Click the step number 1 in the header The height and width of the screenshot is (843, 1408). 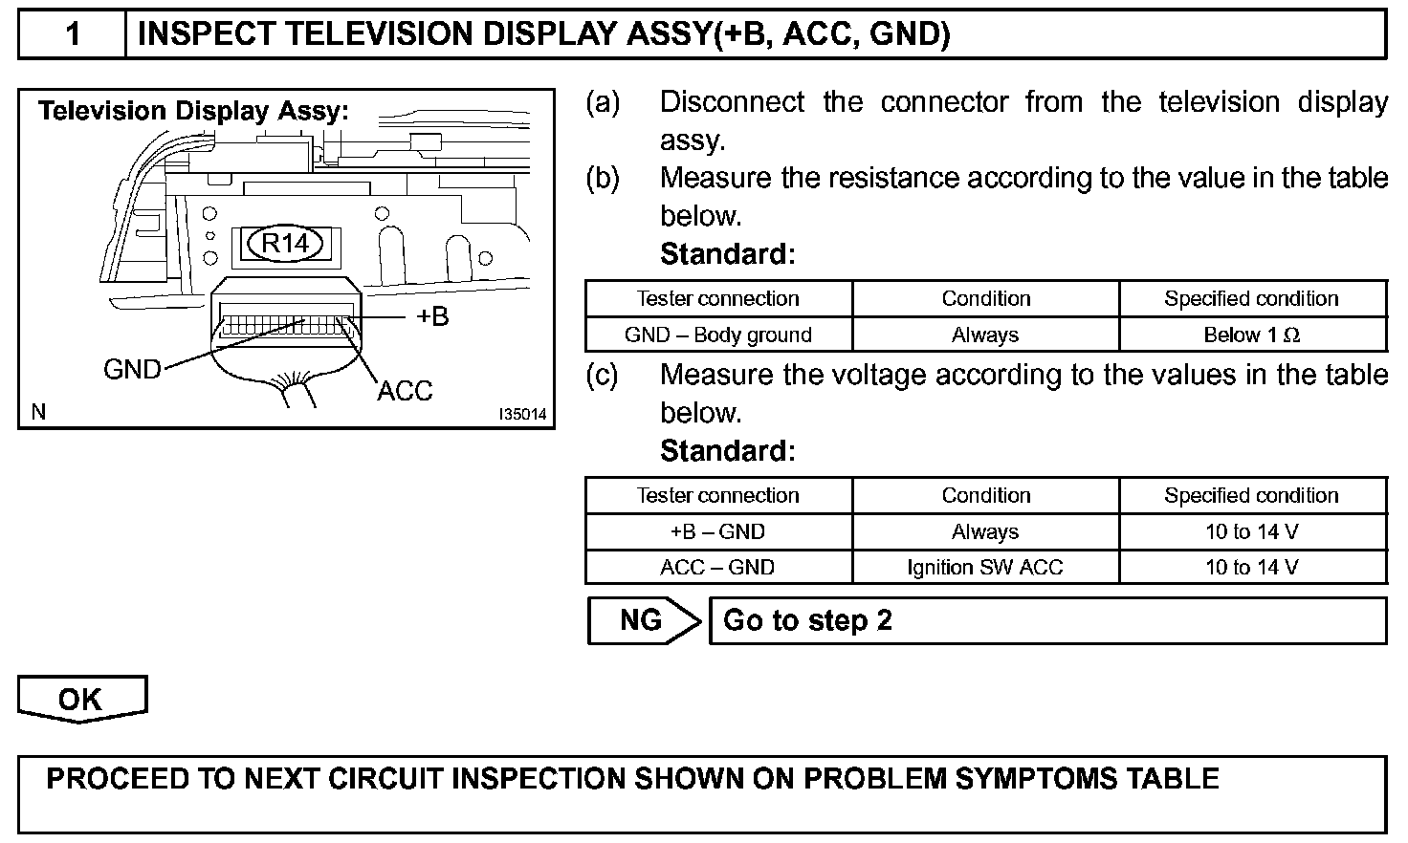click(x=73, y=34)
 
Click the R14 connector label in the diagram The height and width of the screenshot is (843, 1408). click(x=285, y=244)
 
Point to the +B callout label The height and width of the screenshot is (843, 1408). click(x=432, y=316)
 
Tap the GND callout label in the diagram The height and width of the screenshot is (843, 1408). click(x=132, y=369)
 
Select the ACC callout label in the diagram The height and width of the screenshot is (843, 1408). click(x=405, y=390)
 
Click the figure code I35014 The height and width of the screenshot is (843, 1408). click(x=522, y=415)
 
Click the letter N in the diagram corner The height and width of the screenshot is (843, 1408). click(x=38, y=412)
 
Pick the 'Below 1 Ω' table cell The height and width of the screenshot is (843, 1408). click(x=1251, y=335)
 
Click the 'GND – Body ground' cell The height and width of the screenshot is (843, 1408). click(x=717, y=335)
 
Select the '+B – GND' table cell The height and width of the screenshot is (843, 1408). click(x=717, y=531)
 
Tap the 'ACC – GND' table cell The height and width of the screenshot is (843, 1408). click(x=717, y=567)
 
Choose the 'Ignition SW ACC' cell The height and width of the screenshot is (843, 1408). click(x=985, y=567)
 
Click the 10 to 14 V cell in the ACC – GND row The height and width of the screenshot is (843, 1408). click(x=1251, y=567)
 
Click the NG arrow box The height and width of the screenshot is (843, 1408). click(x=642, y=620)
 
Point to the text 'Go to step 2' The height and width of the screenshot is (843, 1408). click(x=807, y=620)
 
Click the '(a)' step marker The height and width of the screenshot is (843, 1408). click(x=603, y=101)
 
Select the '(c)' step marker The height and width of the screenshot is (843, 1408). click(x=603, y=375)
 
